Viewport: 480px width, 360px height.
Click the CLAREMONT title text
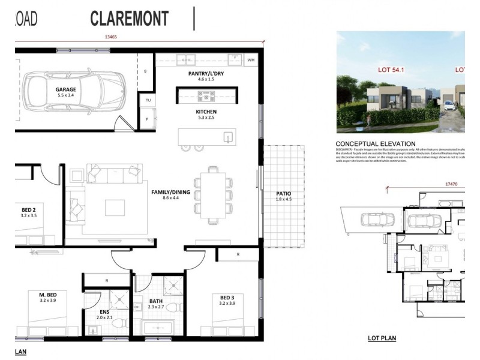click(130, 19)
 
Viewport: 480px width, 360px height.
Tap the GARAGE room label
click(66, 89)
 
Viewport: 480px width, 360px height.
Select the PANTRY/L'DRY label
click(206, 73)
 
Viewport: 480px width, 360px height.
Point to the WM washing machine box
click(251, 60)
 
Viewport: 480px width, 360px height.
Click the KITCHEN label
click(206, 112)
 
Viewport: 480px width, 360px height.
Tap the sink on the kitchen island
click(228, 137)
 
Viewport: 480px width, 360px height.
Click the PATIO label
click(283, 193)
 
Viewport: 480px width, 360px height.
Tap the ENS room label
click(104, 311)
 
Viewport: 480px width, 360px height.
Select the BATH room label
click(155, 302)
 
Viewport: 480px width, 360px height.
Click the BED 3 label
click(226, 298)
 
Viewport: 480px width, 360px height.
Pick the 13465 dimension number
click(110, 37)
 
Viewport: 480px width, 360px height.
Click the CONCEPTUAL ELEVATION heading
click(375, 143)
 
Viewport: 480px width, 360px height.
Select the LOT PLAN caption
click(382, 338)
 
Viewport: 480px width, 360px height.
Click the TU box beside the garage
click(148, 100)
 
